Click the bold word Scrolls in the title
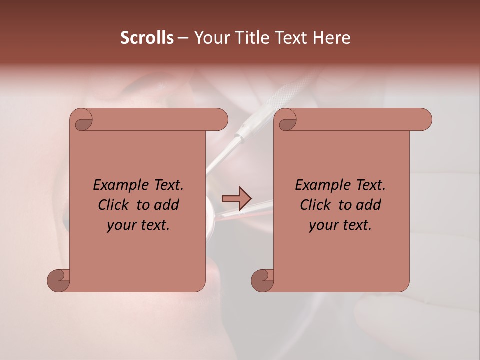147,38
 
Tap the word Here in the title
331,38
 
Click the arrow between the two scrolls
236,199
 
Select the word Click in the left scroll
114,205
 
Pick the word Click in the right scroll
316,205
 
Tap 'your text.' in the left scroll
138,225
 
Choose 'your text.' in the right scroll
340,225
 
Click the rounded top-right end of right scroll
425,119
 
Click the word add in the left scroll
167,205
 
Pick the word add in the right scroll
369,205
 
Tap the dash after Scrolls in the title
183,38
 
